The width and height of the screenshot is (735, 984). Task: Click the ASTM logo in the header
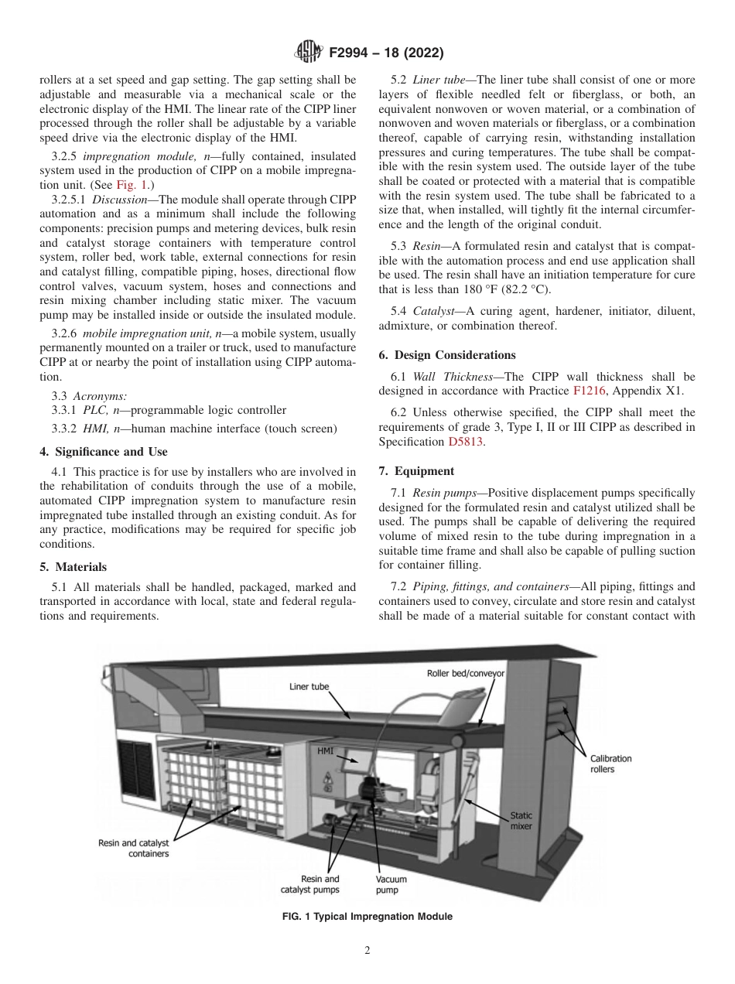click(309, 53)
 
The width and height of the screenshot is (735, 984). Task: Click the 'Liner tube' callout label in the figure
click(309, 686)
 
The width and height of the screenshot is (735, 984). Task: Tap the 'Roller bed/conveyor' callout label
click(465, 673)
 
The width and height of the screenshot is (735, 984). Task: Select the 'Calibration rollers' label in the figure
click(610, 764)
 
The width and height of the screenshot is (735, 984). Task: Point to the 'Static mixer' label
click(521, 821)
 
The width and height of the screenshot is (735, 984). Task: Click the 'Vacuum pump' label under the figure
click(391, 884)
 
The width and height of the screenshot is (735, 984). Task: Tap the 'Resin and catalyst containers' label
click(133, 849)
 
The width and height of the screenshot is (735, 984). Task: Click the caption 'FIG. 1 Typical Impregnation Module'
click(367, 917)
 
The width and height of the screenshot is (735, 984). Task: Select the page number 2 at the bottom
click(367, 951)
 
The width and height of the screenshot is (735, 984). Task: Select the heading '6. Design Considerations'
click(446, 355)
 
